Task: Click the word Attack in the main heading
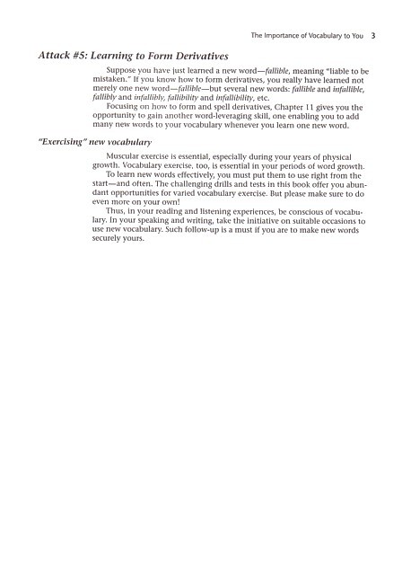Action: tap(52, 56)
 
